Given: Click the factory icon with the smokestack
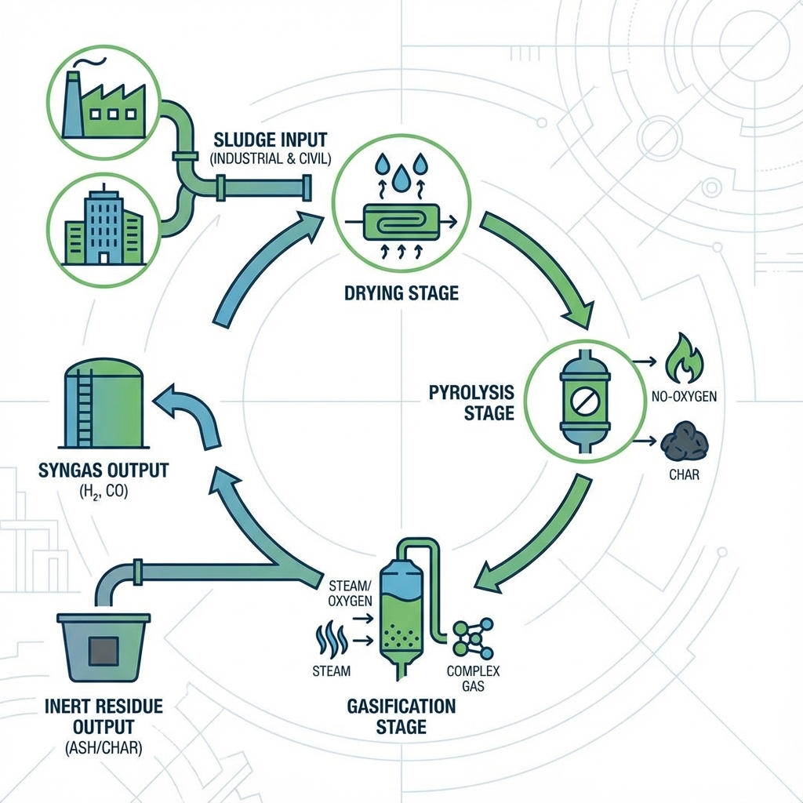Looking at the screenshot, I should [x=104, y=97].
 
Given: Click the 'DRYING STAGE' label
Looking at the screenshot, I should [x=401, y=294].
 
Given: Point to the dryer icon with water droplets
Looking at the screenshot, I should [x=401, y=210].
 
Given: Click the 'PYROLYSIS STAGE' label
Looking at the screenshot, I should [x=471, y=401].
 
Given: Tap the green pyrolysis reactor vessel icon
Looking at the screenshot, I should [x=585, y=400].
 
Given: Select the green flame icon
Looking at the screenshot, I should [x=684, y=358].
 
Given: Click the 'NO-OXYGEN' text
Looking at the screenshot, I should [x=684, y=397].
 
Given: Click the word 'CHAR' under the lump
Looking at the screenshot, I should [x=685, y=475].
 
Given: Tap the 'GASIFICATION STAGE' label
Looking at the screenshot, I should [x=401, y=716].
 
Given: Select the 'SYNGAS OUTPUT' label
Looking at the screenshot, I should [x=103, y=471].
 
